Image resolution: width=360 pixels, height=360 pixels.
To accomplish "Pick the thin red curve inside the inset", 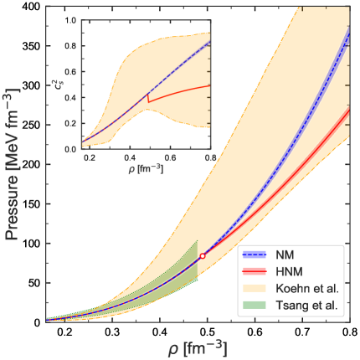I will [x=180, y=92].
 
